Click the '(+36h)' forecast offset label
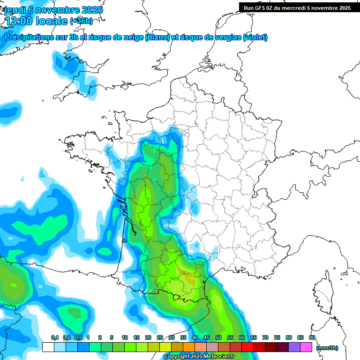pos(81,21)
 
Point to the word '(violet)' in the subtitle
pos(255,37)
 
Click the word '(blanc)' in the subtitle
pos(157,37)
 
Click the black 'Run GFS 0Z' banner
pos(297,7)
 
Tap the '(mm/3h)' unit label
pos(327,347)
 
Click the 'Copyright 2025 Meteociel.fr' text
pos(199,357)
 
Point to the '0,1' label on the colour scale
pos(54,338)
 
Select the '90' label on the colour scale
pos(312,338)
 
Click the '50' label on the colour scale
pos(218,338)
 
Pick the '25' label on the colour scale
pos(160,338)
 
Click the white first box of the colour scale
pos(48,347)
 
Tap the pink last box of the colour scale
pos(306,347)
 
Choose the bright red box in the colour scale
pos(247,347)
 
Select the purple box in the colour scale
pos(294,347)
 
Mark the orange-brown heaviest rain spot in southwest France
pos(189,278)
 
